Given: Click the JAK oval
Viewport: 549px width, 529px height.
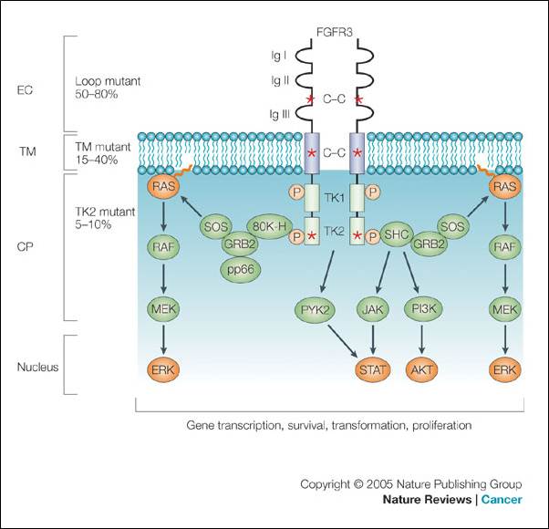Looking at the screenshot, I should pyautogui.click(x=372, y=310).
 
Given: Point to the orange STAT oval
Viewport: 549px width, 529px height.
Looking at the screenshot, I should pyautogui.click(x=372, y=370).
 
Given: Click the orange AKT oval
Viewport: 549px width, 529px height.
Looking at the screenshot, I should pyautogui.click(x=420, y=370).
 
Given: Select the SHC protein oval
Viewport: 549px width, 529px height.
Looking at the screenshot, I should pyautogui.click(x=398, y=234).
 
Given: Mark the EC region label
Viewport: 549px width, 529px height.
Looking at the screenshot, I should pyautogui.click(x=27, y=91).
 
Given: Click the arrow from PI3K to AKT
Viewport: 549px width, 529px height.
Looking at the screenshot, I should pyautogui.click(x=420, y=340).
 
